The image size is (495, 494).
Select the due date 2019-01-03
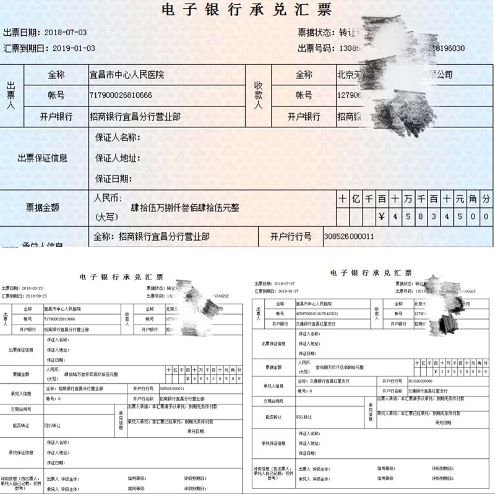coord(74,48)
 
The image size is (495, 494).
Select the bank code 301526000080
coord(421,381)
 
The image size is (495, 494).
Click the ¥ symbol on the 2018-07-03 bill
coord(381,217)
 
